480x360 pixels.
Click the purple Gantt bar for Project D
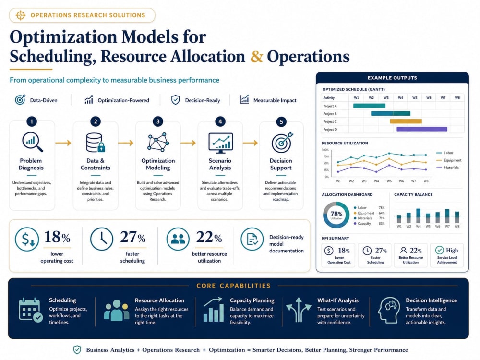pyautogui.click(x=421, y=129)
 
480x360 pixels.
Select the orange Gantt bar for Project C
pyautogui.click(x=406, y=121)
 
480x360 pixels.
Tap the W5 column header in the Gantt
pyautogui.click(x=415, y=97)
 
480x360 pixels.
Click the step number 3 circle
pyautogui.click(x=157, y=121)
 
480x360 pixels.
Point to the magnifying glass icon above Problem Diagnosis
pyautogui.click(x=32, y=142)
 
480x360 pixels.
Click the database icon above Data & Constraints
pyautogui.click(x=95, y=143)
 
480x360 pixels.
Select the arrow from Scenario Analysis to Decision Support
pyautogui.click(x=251, y=143)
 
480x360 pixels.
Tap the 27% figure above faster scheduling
pyautogui.click(x=132, y=237)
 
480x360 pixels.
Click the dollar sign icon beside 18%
pyautogui.click(x=27, y=240)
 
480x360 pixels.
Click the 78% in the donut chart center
pyautogui.click(x=336, y=214)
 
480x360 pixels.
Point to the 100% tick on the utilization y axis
pyautogui.click(x=325, y=150)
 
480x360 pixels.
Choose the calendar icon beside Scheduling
pyautogui.click(x=30, y=310)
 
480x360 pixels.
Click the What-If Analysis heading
pyautogui.click(x=337, y=300)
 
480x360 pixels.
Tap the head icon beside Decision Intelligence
pyautogui.click(x=389, y=310)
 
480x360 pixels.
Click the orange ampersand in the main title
pyautogui.click(x=256, y=57)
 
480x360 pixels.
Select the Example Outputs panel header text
pyautogui.click(x=392, y=78)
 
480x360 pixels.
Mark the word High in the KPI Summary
pyautogui.click(x=452, y=251)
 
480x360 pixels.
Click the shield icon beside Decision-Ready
pyautogui.click(x=175, y=100)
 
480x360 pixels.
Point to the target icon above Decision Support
pyautogui.click(x=282, y=143)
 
